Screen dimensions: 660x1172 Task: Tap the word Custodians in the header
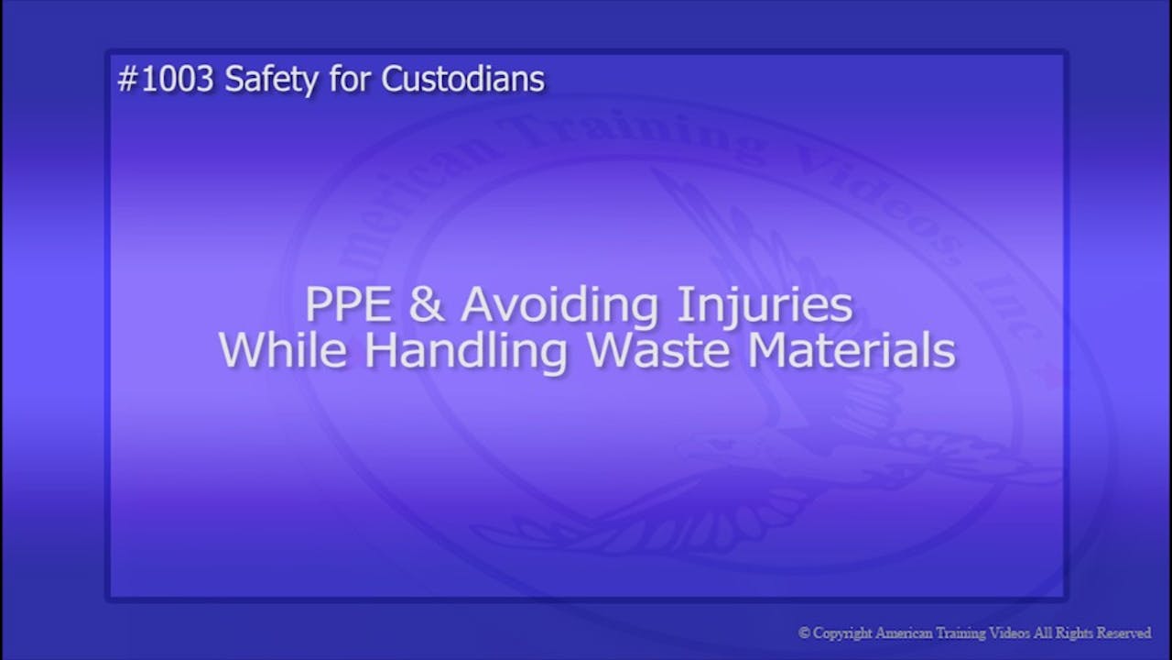tap(462, 81)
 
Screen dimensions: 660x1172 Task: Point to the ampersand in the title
tap(427, 305)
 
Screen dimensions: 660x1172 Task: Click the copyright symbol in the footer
tap(804, 633)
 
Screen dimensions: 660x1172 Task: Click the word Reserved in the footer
tap(1123, 633)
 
